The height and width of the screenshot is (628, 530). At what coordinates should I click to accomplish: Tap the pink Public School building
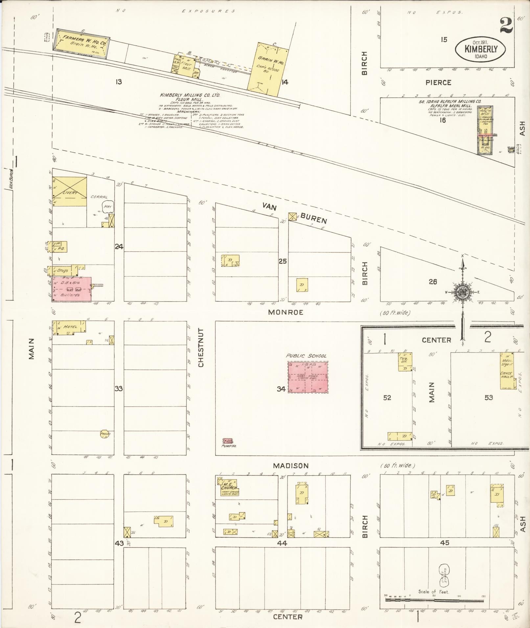click(x=308, y=377)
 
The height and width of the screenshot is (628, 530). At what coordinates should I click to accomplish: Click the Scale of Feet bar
click(x=434, y=600)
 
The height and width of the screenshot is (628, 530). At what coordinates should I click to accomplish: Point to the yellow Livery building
click(x=69, y=192)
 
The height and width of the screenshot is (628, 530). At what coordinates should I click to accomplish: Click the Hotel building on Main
click(x=69, y=328)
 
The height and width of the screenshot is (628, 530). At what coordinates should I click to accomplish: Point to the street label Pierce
click(x=438, y=82)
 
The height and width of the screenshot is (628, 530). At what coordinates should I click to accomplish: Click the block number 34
click(x=281, y=389)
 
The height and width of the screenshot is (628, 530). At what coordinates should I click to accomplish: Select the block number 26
click(x=433, y=282)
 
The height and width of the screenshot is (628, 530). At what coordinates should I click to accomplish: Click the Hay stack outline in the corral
click(x=107, y=206)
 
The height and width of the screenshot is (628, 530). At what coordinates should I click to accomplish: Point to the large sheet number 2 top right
click(x=506, y=26)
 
